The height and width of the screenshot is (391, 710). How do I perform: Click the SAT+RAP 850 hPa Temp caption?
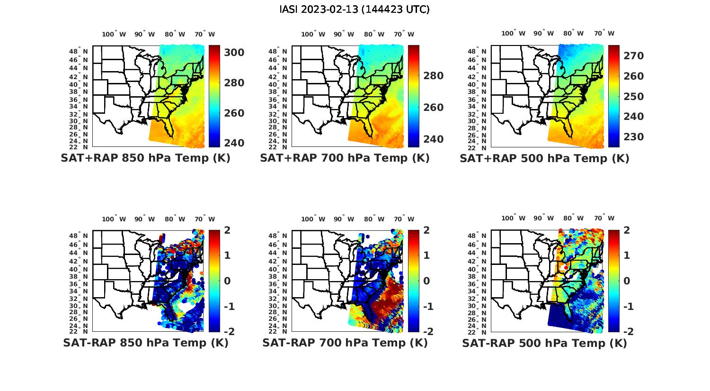pyautogui.click(x=145, y=158)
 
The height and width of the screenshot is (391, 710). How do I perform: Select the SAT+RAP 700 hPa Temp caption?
pyautogui.click(x=345, y=158)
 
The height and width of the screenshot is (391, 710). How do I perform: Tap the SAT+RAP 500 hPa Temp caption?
pyautogui.click(x=544, y=158)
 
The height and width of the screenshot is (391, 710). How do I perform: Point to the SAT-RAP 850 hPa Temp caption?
pyautogui.click(x=145, y=343)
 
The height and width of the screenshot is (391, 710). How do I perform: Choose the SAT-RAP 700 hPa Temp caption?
pyautogui.click(x=345, y=343)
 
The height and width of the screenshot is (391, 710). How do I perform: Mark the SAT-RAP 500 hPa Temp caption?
pyautogui.click(x=544, y=343)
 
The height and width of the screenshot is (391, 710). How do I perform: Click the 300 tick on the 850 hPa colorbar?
pyautogui.click(x=234, y=53)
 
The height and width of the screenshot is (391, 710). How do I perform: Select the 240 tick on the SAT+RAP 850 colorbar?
pyautogui.click(x=234, y=143)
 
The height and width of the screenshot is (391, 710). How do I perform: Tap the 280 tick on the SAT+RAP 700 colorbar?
pyautogui.click(x=433, y=76)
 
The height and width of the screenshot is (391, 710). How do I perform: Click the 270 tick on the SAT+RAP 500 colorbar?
pyautogui.click(x=633, y=56)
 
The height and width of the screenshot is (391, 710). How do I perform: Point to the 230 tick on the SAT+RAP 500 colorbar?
pyautogui.click(x=633, y=137)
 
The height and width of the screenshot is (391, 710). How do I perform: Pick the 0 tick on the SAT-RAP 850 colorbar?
pyautogui.click(x=227, y=281)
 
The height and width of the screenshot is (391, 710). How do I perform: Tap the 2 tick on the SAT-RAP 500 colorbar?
pyautogui.click(x=626, y=230)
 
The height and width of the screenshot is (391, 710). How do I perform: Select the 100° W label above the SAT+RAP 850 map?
pyautogui.click(x=114, y=34)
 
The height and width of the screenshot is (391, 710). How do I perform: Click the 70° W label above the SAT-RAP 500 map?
pyautogui.click(x=604, y=218)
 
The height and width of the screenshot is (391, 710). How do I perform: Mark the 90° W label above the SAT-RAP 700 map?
pyautogui.click(x=344, y=219)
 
